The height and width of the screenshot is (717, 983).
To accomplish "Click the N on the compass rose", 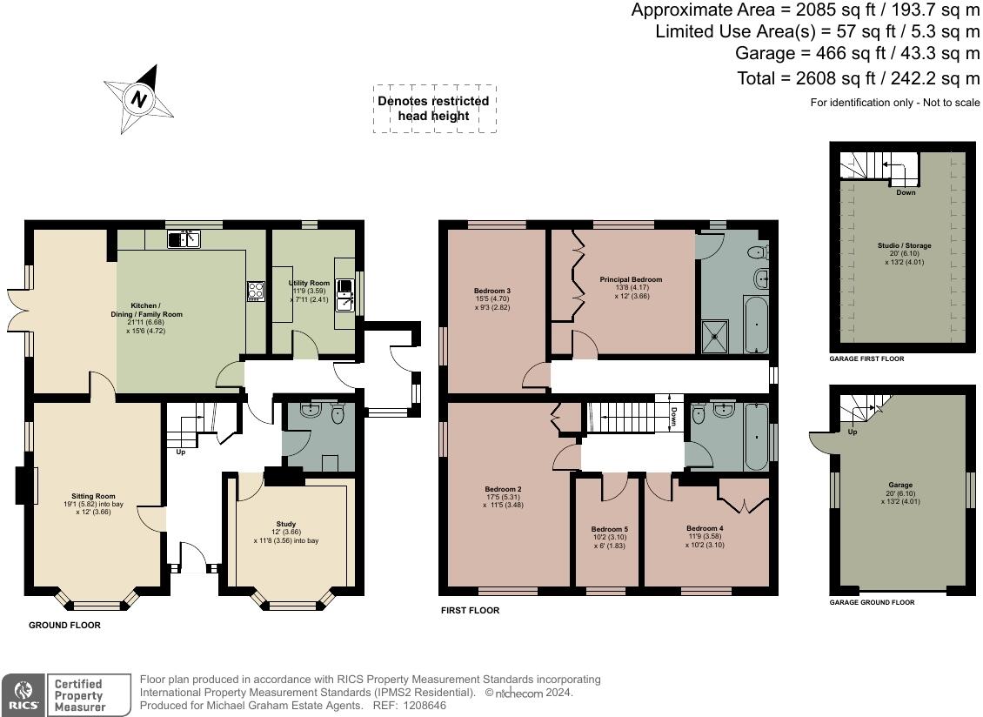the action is pyautogui.click(x=139, y=100).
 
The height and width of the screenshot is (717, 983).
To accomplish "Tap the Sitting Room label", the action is pyautogui.click(x=93, y=496).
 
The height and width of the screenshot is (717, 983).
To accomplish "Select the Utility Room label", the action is pyautogui.click(x=309, y=283).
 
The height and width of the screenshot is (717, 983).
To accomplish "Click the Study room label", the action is pyautogui.click(x=286, y=524).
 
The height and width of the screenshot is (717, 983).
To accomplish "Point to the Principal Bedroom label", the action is pyautogui.click(x=631, y=280).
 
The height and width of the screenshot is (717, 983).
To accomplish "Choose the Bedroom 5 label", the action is pyautogui.click(x=609, y=529).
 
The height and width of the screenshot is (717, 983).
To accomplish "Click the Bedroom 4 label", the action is pyautogui.click(x=705, y=528).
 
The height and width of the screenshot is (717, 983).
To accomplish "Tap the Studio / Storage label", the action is pyautogui.click(x=904, y=246).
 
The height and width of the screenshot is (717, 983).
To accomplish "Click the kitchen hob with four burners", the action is pyautogui.click(x=256, y=291).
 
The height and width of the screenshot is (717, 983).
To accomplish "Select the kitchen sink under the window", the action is pyautogui.click(x=184, y=239).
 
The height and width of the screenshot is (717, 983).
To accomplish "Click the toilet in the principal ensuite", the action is pyautogui.click(x=758, y=253).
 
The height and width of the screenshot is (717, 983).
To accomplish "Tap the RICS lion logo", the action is pyautogui.click(x=23, y=695).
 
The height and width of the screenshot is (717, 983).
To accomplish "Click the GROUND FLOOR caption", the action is pyautogui.click(x=64, y=625).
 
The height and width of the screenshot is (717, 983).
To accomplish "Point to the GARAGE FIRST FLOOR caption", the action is pyautogui.click(x=866, y=358).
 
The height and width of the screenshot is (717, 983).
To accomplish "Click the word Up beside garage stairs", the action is pyautogui.click(x=853, y=432).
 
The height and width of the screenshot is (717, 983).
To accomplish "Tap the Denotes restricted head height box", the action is pyautogui.click(x=434, y=109).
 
